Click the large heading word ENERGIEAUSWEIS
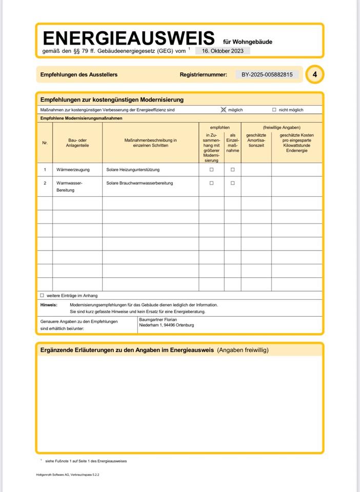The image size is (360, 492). point(128,38)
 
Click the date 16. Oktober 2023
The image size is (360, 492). point(223,51)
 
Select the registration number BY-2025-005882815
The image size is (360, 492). point(267,75)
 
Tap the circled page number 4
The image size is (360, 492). point(315,75)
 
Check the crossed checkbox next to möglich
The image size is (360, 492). point(223,110)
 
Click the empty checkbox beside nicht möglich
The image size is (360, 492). point(274,110)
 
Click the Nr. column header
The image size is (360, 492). point(45,143)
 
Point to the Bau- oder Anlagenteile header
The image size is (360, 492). point(77,143)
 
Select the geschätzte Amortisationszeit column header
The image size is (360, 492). point(256,140)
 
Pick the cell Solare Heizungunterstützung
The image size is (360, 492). point(133,170)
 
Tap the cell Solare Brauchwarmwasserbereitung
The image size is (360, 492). point(139,183)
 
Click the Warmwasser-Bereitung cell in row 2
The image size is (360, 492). point(69,187)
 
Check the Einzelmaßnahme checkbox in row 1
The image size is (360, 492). point(232,170)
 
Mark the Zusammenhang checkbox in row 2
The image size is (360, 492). point(211,183)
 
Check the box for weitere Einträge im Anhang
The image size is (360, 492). point(42,296)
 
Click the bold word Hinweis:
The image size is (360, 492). point(49,305)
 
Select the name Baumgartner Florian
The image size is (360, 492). point(158,319)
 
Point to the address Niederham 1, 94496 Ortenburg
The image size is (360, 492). point(167,325)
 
